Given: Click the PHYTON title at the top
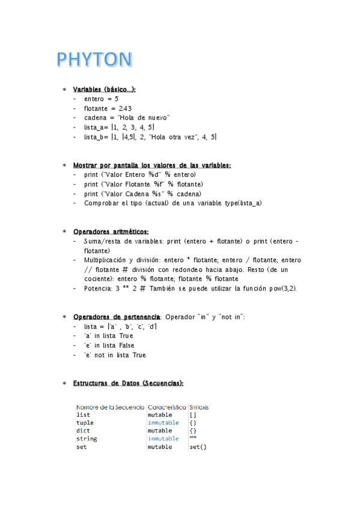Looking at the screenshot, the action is click(94, 61).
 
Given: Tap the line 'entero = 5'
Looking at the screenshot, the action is click(101, 99).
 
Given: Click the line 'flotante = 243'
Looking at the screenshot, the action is click(108, 108).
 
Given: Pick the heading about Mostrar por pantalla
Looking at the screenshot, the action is click(151, 165).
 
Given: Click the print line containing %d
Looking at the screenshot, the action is click(132, 174).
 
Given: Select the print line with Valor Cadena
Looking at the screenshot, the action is click(142, 194).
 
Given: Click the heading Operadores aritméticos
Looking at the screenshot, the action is click(111, 232).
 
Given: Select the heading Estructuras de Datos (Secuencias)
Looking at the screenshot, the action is click(128, 383).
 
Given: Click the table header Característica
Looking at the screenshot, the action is click(167, 407).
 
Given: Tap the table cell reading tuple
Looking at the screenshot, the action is click(85, 423).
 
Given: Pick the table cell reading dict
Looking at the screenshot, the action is click(83, 431).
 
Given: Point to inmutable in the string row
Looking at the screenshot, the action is click(163, 439).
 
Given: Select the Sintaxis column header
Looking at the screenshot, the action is click(199, 407).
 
